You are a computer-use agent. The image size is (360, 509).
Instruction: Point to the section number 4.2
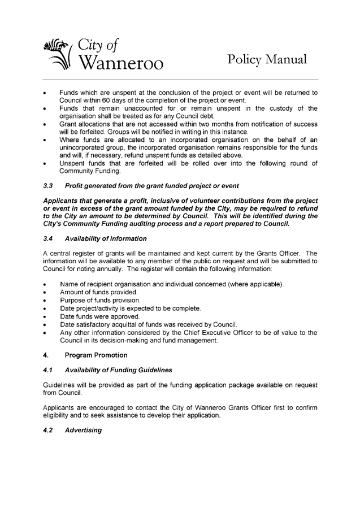tap(47, 430)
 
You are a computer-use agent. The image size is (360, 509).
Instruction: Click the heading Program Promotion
tap(97, 355)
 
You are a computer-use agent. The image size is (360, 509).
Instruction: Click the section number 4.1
tap(47, 371)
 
